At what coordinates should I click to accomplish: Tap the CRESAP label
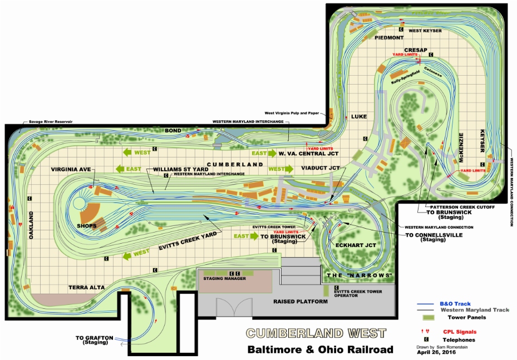(x=416, y=50)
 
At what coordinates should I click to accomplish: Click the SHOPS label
(x=86, y=226)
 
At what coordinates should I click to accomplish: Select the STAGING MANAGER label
(x=225, y=278)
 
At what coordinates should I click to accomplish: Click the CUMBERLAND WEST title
(x=316, y=333)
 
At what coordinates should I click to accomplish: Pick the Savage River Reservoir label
(x=48, y=121)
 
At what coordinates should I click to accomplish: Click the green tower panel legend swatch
(x=427, y=317)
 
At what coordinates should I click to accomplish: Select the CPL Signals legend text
(x=460, y=331)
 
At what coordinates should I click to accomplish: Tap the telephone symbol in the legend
(x=426, y=339)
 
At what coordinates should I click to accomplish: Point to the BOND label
(x=173, y=130)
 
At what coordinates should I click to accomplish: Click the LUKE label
(x=359, y=117)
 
